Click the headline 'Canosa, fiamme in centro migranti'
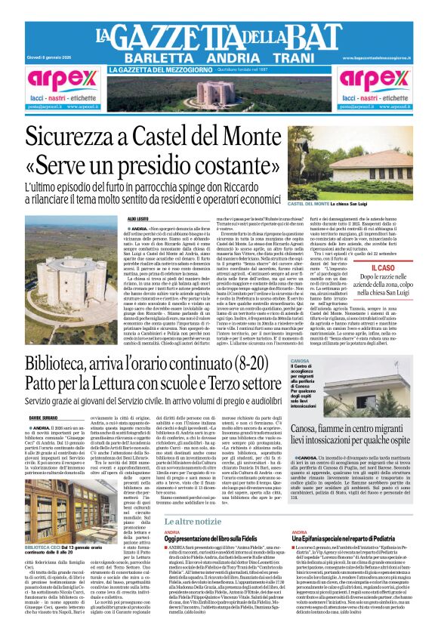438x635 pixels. point(353,421)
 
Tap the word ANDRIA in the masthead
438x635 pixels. point(222,58)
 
